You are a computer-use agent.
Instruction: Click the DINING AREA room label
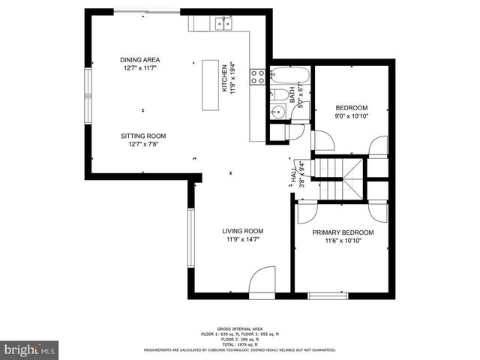click(x=139, y=60)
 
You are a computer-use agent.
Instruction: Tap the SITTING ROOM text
click(x=143, y=136)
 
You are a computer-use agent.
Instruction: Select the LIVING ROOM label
click(x=242, y=231)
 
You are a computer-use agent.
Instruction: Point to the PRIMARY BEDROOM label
click(x=343, y=232)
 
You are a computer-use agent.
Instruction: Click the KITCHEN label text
click(x=223, y=77)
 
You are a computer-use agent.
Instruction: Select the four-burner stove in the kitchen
click(x=257, y=76)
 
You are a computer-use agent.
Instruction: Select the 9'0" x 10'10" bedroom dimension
click(x=352, y=116)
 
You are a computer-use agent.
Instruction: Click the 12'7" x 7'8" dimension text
click(x=143, y=145)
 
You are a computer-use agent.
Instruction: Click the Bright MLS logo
click(x=30, y=349)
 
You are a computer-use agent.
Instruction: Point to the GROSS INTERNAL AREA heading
click(x=239, y=328)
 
